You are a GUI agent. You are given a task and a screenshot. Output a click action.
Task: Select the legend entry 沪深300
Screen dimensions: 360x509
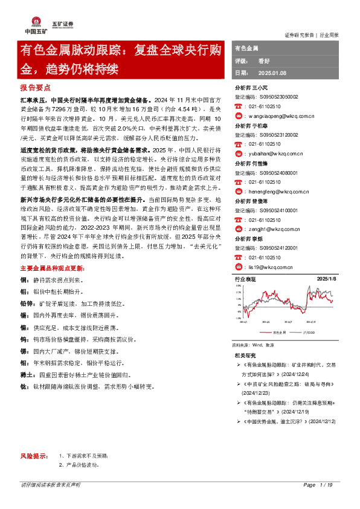point(309,332)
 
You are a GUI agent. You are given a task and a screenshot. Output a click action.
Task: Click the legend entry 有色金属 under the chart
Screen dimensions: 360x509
point(279,332)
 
